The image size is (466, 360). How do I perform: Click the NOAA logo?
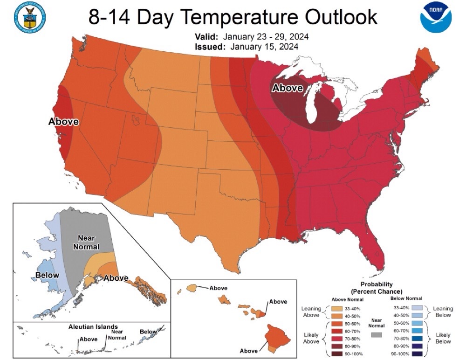[x=436, y=16]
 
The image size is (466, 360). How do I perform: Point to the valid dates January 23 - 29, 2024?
[x=266, y=37]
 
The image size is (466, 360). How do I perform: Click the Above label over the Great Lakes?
[x=287, y=88]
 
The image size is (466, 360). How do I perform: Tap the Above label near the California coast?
[x=63, y=122]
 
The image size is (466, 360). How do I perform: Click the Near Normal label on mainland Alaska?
[x=86, y=242]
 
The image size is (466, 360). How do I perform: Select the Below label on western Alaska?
[x=47, y=275]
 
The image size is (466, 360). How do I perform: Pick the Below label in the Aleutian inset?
[x=148, y=332]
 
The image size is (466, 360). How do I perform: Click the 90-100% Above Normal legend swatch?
[x=337, y=354]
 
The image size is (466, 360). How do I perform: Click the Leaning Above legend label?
[x=311, y=312]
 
